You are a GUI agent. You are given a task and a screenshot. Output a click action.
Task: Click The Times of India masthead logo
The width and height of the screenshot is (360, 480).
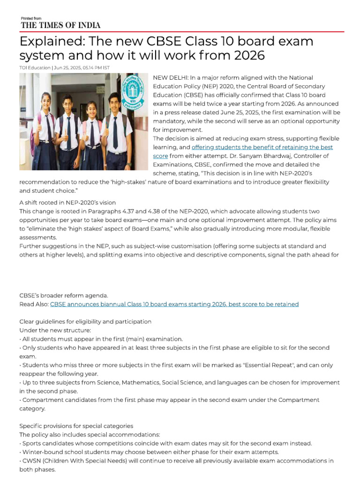pos(60,25)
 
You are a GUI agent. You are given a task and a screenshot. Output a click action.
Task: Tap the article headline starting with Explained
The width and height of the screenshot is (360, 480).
pos(166,48)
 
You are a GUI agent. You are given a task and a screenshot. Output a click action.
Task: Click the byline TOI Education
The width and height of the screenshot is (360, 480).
pos(35,67)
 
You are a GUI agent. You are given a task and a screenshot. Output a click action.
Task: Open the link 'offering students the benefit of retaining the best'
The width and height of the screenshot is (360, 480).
pos(262,147)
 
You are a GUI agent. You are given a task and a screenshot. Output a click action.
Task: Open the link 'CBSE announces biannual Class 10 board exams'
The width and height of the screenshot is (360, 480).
pos(174,304)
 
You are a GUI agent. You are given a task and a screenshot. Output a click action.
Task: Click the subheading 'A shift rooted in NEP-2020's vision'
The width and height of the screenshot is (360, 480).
pos(67,202)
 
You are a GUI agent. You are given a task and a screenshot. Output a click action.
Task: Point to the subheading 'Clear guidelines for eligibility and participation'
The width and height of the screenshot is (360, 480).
pos(85,322)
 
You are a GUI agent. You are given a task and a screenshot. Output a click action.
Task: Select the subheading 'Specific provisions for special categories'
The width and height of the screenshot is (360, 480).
pos(76,426)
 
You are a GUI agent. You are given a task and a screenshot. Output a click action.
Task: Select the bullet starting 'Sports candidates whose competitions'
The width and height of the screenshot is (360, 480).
pos(166,443)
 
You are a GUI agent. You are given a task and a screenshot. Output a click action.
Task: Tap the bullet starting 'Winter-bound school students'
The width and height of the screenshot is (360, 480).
pos(150,452)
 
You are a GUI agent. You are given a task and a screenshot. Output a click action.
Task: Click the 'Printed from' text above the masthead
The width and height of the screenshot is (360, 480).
pos(31,18)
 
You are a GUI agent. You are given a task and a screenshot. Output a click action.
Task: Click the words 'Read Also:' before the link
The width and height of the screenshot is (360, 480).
pos(34,304)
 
